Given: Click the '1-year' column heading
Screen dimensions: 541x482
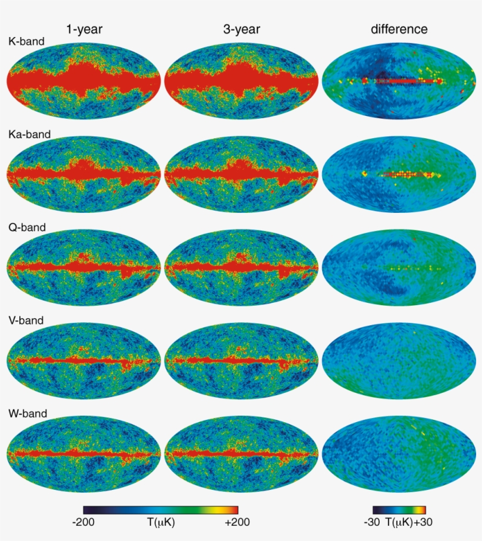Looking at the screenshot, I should tap(85, 29).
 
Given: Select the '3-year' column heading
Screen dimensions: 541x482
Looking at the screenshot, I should tap(242, 29).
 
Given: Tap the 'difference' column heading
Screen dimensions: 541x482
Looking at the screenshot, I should tap(399, 29).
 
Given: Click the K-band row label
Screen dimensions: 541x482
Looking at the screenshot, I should tap(26, 41).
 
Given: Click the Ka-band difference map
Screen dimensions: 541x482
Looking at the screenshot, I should tap(399, 173).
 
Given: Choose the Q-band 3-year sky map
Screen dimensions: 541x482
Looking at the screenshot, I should tap(242, 267).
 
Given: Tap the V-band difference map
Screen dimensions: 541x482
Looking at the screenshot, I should tap(399, 360).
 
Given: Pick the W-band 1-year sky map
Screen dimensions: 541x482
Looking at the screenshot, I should tap(84, 453).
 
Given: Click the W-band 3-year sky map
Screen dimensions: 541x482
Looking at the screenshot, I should tap(242, 453).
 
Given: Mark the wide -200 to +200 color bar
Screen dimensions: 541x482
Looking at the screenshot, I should tap(160, 509).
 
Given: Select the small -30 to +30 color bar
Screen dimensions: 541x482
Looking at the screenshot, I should tap(399, 509).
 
